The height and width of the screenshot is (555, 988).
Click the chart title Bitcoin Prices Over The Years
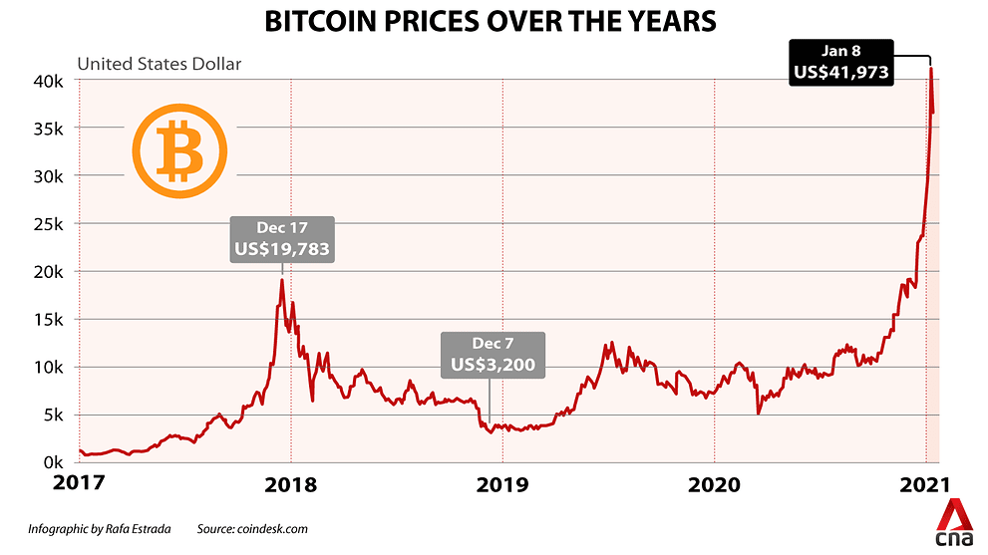click(x=490, y=21)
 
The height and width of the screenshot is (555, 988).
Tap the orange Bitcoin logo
click(x=179, y=151)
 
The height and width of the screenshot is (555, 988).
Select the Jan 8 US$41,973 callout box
click(x=841, y=63)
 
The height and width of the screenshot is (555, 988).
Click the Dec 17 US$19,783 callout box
click(x=282, y=239)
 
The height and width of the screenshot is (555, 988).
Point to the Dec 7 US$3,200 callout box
click(x=493, y=356)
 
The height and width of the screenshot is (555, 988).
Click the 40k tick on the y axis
click(x=49, y=81)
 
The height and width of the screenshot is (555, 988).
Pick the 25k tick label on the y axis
click(x=49, y=223)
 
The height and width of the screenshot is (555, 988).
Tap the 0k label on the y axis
click(x=54, y=462)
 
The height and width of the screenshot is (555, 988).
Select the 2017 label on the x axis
click(x=79, y=483)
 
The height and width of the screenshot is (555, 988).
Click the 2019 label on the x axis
click(x=502, y=485)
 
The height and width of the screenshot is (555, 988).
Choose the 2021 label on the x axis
click(x=925, y=485)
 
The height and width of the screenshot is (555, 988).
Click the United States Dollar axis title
click(x=160, y=64)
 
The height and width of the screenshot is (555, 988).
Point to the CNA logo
click(x=954, y=524)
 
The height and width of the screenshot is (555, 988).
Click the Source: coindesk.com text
click(x=252, y=528)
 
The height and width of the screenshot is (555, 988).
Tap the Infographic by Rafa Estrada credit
click(x=99, y=528)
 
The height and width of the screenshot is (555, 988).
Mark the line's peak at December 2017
click(x=282, y=280)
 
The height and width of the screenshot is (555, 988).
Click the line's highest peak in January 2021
click(x=931, y=68)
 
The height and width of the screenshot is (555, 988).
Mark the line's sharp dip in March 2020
click(x=759, y=414)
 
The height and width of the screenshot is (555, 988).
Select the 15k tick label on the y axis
click(x=49, y=320)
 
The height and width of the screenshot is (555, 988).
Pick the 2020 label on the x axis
click(x=714, y=485)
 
